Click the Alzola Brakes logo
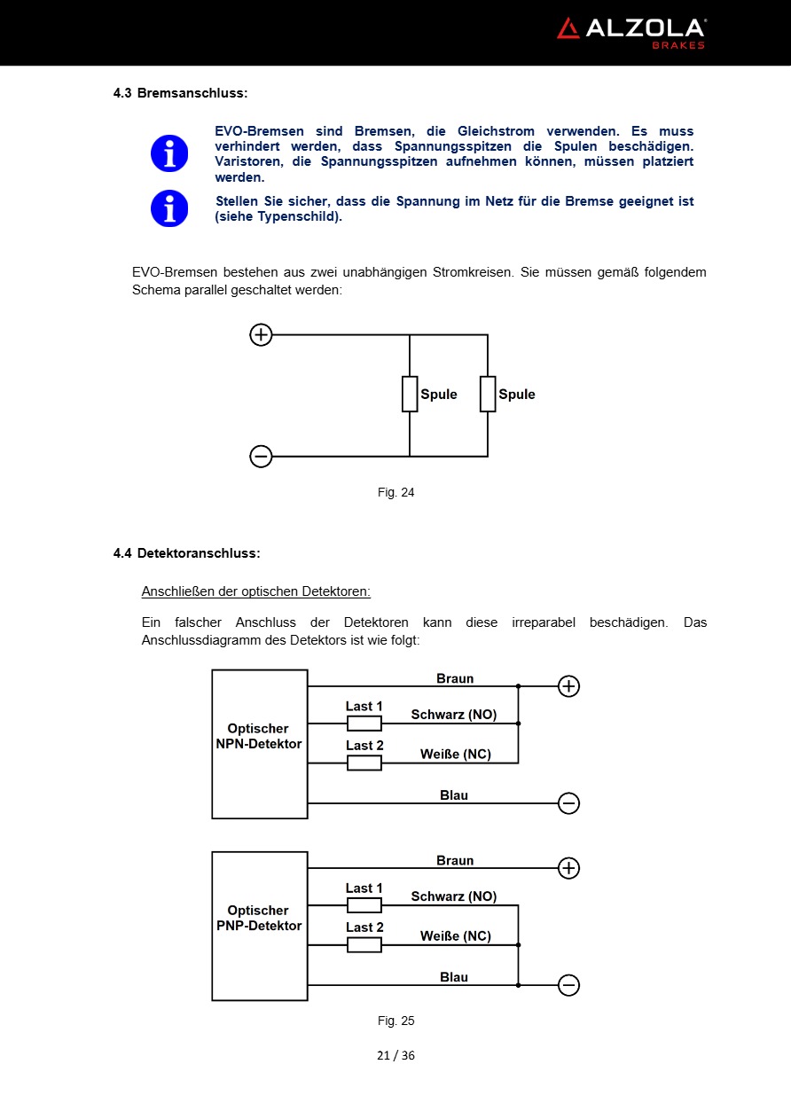point(630,33)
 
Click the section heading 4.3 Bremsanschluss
point(180,92)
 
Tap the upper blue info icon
point(169,153)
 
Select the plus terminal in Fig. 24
point(261,335)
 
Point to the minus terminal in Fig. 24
point(261,457)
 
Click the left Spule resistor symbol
point(410,394)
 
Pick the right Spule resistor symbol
point(488,394)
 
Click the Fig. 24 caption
point(395,492)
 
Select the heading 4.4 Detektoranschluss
point(186,553)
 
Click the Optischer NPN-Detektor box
point(259,743)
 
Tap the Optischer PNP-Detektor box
point(259,926)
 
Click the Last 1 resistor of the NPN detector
point(364,724)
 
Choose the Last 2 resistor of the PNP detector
point(364,945)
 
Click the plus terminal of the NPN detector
point(568,686)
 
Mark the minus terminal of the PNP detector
point(568,985)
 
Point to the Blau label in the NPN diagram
point(454,795)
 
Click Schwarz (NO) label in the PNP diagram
point(454,896)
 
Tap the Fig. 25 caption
point(395,1021)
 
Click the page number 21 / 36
point(395,1055)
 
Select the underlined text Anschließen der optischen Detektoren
point(255,591)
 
